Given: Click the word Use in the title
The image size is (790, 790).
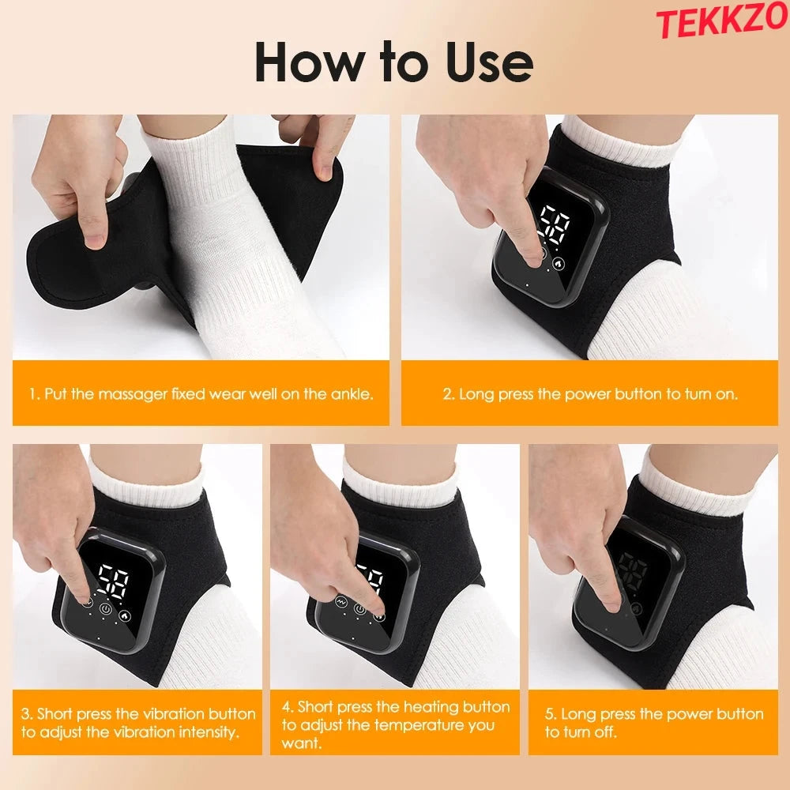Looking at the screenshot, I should [488, 62].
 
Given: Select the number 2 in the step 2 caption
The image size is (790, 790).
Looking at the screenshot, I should [446, 393].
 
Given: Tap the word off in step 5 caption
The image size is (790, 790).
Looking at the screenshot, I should [607, 732].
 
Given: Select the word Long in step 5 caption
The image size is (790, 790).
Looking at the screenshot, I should [577, 714].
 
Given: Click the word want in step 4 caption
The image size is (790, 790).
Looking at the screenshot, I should [299, 743].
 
